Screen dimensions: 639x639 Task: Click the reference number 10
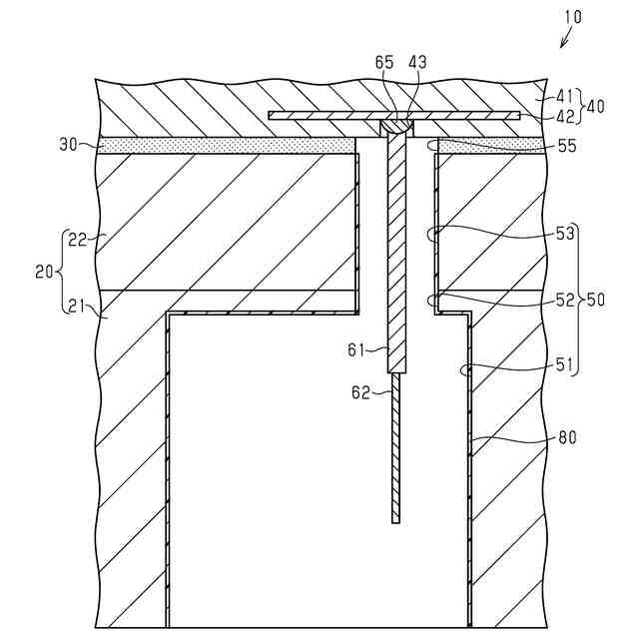(x=571, y=17)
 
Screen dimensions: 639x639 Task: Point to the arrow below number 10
(x=566, y=39)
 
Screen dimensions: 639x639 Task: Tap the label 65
(x=385, y=62)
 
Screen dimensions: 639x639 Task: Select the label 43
(x=416, y=62)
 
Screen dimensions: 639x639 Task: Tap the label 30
(x=68, y=144)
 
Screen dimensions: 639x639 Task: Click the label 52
(x=565, y=300)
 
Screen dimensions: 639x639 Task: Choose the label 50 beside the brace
(x=597, y=300)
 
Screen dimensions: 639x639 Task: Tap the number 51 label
(x=565, y=365)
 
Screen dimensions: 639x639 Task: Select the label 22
(x=77, y=240)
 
